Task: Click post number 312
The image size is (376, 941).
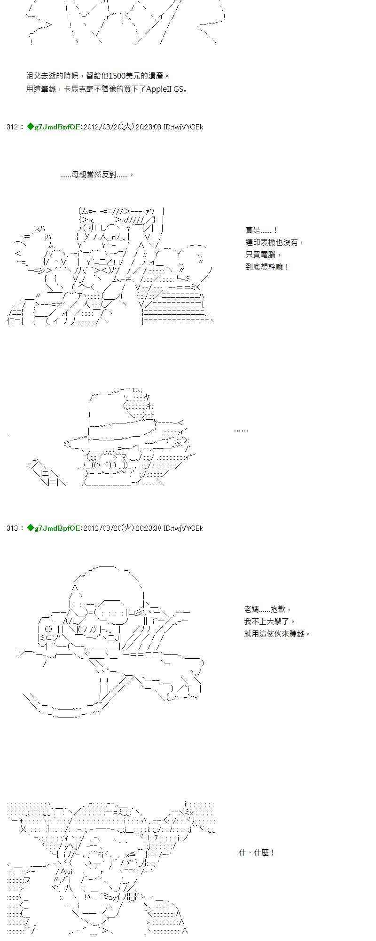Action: pyautogui.click(x=12, y=127)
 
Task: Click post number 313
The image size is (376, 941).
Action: pyautogui.click(x=12, y=528)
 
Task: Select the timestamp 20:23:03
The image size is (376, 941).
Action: pyautogui.click(x=149, y=127)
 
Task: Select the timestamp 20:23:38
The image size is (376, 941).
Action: pyautogui.click(x=149, y=528)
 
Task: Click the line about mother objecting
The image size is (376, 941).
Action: pyautogui.click(x=97, y=175)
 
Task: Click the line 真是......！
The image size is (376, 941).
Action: pyautogui.click(x=261, y=230)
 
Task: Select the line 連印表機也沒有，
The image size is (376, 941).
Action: pyautogui.click(x=274, y=242)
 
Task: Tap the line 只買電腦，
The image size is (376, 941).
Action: pyautogui.click(x=263, y=255)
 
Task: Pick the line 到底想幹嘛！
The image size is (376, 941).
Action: pyautogui.click(x=267, y=267)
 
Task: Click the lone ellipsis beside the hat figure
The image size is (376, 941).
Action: pyautogui.click(x=241, y=431)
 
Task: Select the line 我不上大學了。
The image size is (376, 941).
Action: pyautogui.click(x=270, y=622)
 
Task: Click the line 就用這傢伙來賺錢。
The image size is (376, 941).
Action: pyautogui.click(x=277, y=634)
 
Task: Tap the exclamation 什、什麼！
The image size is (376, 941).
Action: pyautogui.click(x=257, y=853)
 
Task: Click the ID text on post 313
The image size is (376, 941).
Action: pyautogui.click(x=183, y=528)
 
